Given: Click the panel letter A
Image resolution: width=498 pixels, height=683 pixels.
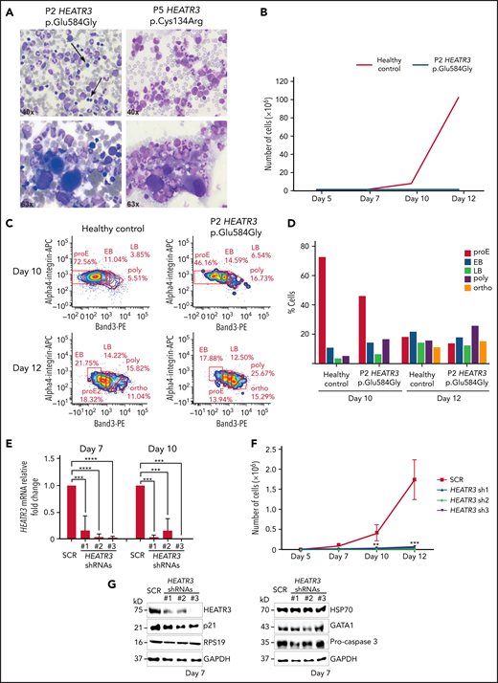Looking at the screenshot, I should coord(9,9).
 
